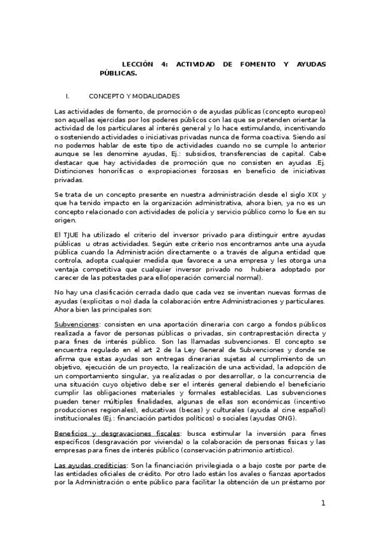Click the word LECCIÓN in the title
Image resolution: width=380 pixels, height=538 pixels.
click(137, 65)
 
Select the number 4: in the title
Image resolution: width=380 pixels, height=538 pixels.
click(164, 65)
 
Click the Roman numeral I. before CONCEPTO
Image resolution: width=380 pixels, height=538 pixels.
click(67, 96)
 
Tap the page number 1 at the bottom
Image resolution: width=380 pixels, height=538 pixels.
click(322, 503)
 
